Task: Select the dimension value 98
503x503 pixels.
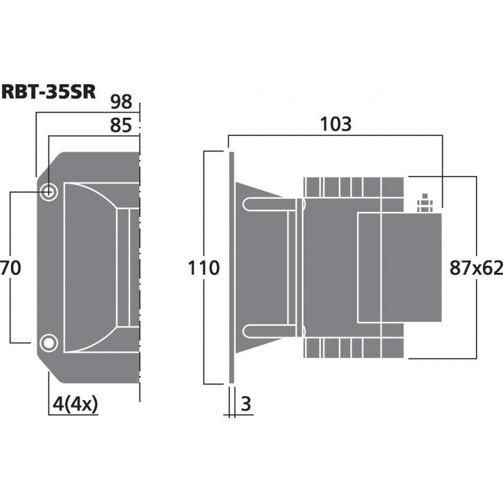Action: tap(121, 101)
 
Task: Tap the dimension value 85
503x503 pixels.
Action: tap(121, 126)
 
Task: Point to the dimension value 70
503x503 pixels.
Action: tap(11, 268)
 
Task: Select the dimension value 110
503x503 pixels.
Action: tap(204, 268)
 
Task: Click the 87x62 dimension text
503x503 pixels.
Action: tap(477, 268)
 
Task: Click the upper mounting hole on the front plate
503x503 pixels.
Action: tap(48, 192)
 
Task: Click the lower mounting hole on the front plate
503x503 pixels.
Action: tap(47, 343)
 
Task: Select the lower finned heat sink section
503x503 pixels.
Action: tap(352, 347)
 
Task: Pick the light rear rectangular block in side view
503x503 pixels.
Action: tap(400, 268)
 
